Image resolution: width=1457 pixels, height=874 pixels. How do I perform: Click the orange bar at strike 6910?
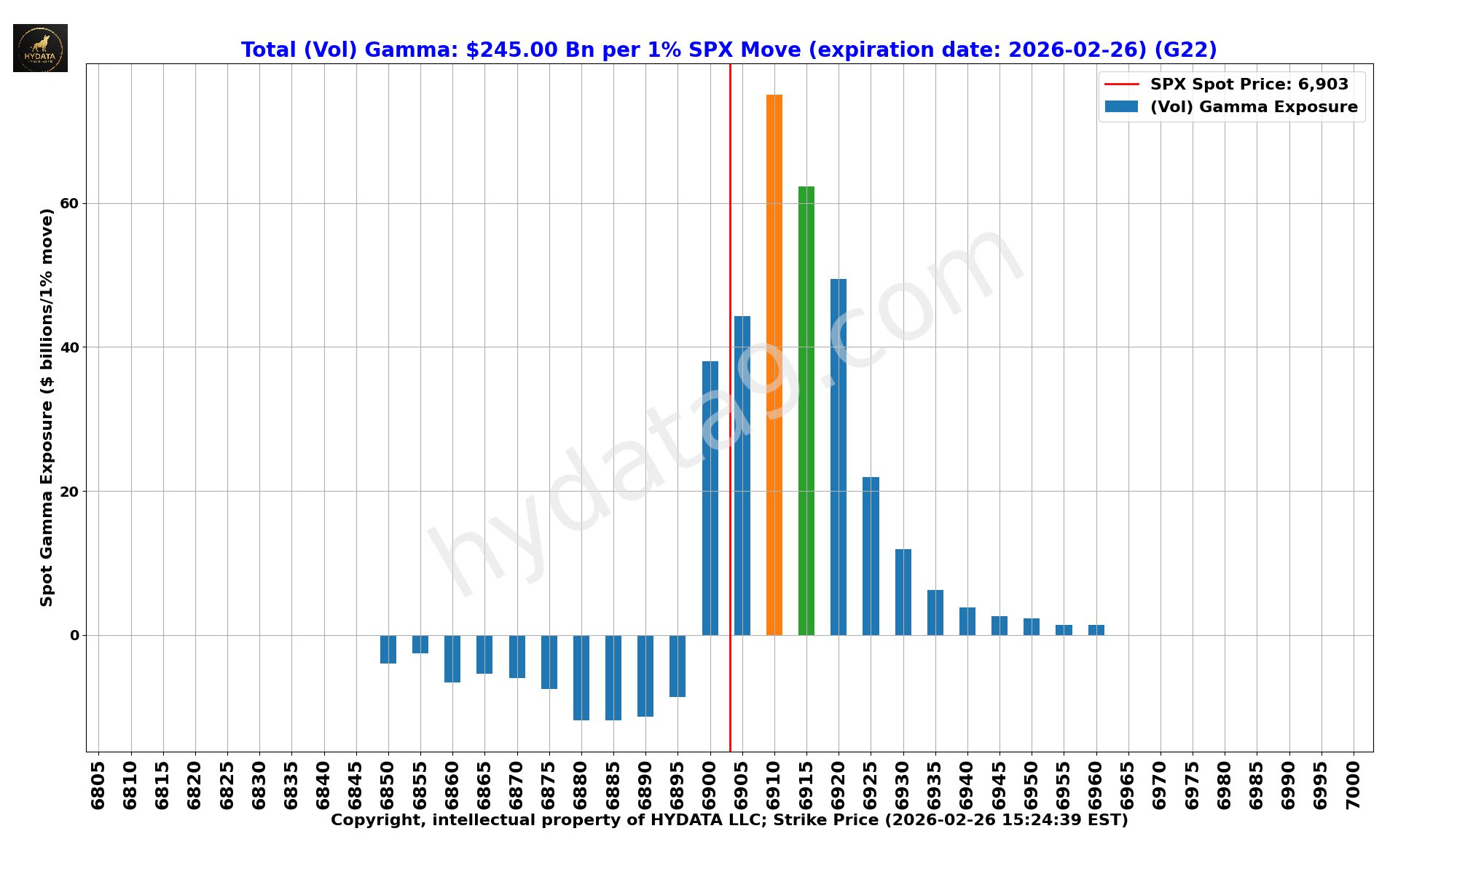pyautogui.click(x=774, y=364)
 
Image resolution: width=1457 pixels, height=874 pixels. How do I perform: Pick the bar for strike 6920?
pyautogui.click(x=838, y=457)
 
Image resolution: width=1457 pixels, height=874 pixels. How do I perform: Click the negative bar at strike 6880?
pyautogui.click(x=581, y=677)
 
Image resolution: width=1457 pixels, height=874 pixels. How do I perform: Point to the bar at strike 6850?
pyautogui.click(x=388, y=649)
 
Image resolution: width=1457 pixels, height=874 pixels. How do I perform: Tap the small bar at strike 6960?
pyautogui.click(x=1096, y=630)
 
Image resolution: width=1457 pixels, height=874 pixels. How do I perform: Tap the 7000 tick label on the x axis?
pyautogui.click(x=1354, y=784)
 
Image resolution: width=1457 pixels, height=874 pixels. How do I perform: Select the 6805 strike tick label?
pyautogui.click(x=98, y=784)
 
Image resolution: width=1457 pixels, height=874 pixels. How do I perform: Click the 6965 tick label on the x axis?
pyautogui.click(x=1128, y=784)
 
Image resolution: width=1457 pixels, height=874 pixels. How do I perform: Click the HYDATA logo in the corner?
pyautogui.click(x=40, y=48)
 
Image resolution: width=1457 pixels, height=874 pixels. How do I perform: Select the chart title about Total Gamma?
pyautogui.click(x=728, y=50)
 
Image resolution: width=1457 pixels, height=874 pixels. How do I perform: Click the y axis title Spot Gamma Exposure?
pyautogui.click(x=47, y=407)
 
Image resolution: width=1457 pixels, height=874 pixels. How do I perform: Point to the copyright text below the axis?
pyautogui.click(x=728, y=821)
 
